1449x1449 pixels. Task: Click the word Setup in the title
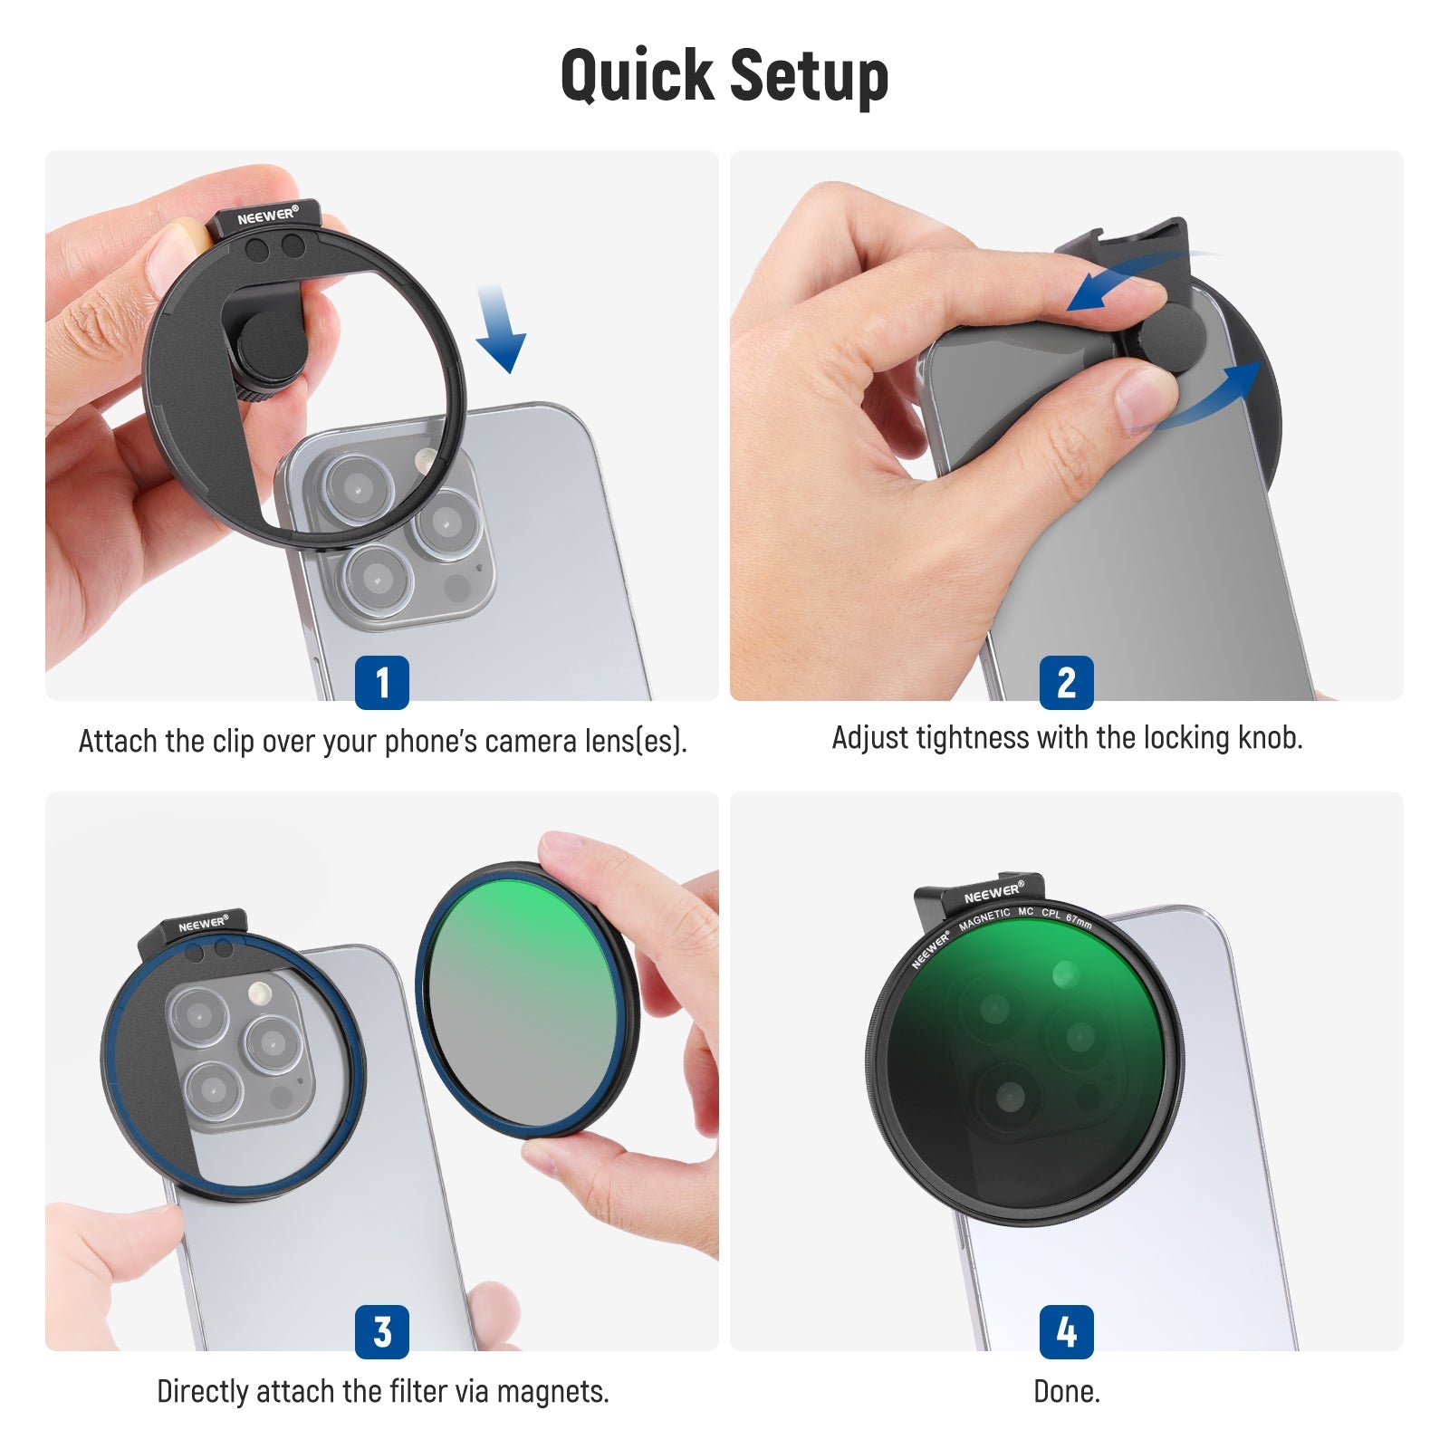[x=809, y=74]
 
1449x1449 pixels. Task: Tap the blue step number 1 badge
[x=382, y=682]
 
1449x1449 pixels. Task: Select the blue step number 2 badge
[x=1067, y=682]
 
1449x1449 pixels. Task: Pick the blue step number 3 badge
[x=382, y=1331]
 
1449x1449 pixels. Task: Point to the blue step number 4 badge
[x=1067, y=1331]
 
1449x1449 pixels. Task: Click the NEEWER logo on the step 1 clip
[x=267, y=216]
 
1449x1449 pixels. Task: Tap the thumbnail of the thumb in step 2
[x=1147, y=397]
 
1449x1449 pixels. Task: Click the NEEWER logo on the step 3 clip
[x=202, y=924]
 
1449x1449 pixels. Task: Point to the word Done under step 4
[x=1066, y=1391]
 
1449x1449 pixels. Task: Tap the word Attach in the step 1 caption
[x=118, y=741]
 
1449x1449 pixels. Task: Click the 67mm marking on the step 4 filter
[x=1079, y=922]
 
